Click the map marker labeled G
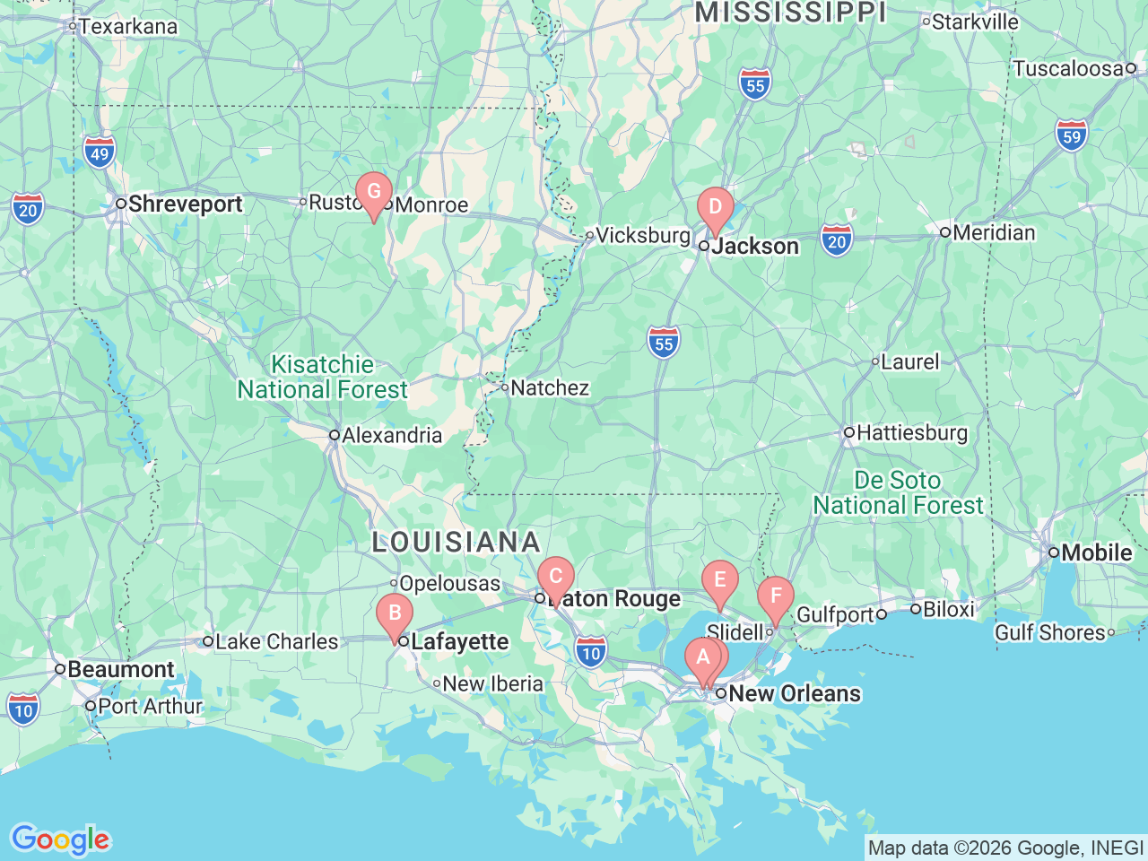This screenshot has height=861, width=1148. pyautogui.click(x=374, y=192)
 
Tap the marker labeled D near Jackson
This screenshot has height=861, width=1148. pyautogui.click(x=716, y=207)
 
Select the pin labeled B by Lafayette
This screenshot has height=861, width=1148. pyautogui.click(x=395, y=614)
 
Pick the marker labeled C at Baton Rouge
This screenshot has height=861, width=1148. pyautogui.click(x=555, y=577)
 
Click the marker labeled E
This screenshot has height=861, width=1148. pyautogui.click(x=719, y=580)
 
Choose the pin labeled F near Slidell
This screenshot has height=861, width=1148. pyautogui.click(x=776, y=596)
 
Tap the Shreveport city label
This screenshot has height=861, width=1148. pyautogui.click(x=185, y=204)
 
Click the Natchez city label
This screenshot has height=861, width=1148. pyautogui.click(x=549, y=388)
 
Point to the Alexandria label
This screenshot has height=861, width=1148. pyautogui.click(x=392, y=436)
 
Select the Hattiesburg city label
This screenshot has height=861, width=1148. pyautogui.click(x=912, y=433)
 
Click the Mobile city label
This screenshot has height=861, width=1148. pyautogui.click(x=1096, y=553)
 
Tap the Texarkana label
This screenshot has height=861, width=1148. pyautogui.click(x=127, y=27)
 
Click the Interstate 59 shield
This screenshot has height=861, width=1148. pyautogui.click(x=1072, y=135)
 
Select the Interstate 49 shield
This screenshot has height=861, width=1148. pyautogui.click(x=100, y=152)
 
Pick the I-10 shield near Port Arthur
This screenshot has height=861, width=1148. pyautogui.click(x=23, y=709)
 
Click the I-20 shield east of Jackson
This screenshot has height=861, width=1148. pyautogui.click(x=836, y=240)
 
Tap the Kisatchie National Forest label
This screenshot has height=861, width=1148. pyautogui.click(x=322, y=378)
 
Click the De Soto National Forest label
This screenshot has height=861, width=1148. pyautogui.click(x=898, y=493)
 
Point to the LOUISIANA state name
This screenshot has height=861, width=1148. pyautogui.click(x=456, y=543)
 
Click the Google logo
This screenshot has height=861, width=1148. pyautogui.click(x=60, y=839)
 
